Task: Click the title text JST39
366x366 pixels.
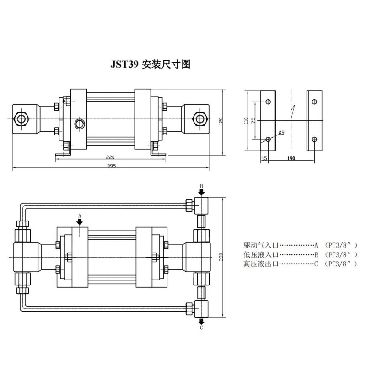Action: [124, 64]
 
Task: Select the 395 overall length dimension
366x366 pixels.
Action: [111, 166]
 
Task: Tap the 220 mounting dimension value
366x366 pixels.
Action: [110, 157]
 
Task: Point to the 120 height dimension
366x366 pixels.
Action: [221, 121]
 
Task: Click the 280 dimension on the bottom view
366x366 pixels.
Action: [221, 257]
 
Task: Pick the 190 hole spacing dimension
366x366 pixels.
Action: [291, 158]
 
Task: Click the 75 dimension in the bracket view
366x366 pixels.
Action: [253, 120]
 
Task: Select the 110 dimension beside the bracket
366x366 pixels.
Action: [246, 120]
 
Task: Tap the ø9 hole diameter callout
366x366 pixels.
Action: [281, 133]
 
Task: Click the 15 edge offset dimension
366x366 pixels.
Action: [264, 158]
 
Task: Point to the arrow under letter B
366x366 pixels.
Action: [201, 192]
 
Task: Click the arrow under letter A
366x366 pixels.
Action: [80, 222]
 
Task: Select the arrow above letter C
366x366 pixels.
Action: [201, 322]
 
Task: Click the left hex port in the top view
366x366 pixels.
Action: [21, 119]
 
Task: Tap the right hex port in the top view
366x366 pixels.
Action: [200, 119]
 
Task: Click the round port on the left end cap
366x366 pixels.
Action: [80, 124]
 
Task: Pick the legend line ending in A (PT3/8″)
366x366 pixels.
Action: [301, 245]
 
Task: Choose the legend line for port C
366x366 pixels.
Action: [301, 264]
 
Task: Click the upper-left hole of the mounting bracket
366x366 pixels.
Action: [268, 102]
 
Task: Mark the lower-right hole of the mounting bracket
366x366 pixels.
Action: [314, 140]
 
